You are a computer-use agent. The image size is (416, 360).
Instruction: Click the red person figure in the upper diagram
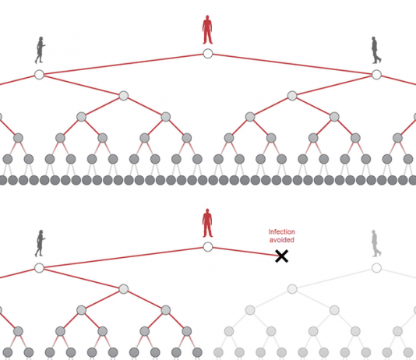click(207, 30)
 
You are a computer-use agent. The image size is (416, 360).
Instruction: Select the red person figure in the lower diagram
click(207, 223)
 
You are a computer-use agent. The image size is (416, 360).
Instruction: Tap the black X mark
click(281, 256)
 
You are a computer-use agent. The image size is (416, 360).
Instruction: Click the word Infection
click(281, 232)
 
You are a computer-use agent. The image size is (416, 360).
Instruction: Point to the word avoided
click(281, 240)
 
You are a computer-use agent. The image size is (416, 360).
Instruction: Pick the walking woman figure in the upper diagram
click(40, 50)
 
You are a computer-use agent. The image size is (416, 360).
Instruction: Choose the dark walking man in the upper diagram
click(376, 50)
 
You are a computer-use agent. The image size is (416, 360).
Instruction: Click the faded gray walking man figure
click(376, 244)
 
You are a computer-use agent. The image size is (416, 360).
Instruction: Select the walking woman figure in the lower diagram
click(40, 244)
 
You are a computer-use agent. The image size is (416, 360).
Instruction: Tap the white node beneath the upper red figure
click(208, 54)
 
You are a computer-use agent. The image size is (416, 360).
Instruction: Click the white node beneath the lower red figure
click(208, 247)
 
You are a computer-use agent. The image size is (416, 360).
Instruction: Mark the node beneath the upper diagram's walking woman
click(39, 75)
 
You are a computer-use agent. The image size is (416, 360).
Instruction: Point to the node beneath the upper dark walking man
click(376, 75)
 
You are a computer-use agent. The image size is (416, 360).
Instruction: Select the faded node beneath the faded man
click(376, 268)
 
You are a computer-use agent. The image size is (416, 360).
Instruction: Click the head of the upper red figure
click(207, 17)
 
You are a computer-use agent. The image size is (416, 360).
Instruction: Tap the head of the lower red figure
click(207, 211)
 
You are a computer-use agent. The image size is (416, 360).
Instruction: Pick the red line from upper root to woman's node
click(123, 64)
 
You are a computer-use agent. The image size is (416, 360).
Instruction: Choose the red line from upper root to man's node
click(292, 64)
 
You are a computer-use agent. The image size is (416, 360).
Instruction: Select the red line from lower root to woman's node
click(123, 258)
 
